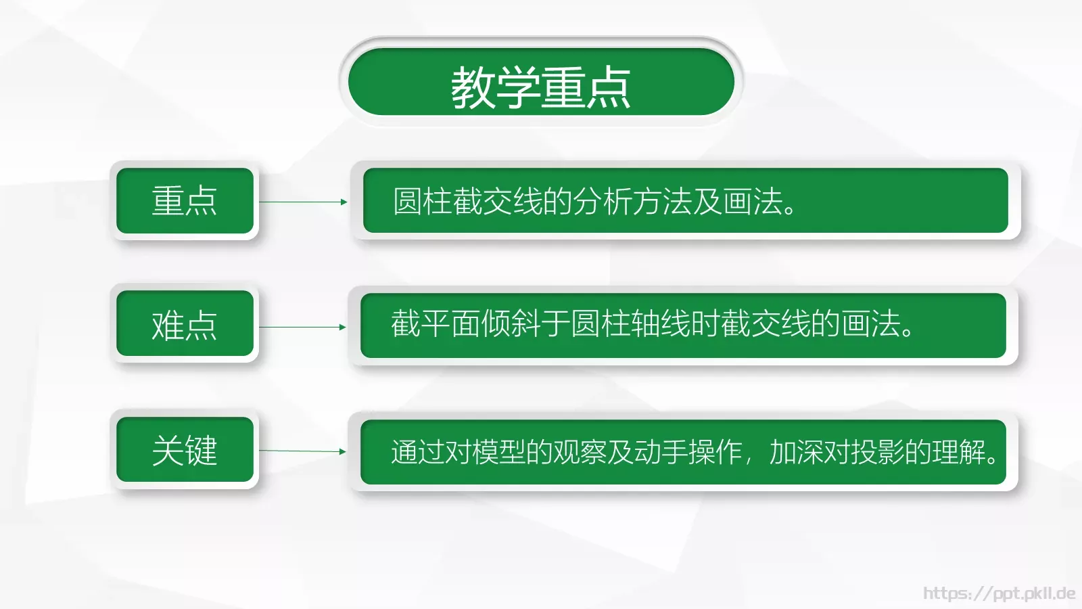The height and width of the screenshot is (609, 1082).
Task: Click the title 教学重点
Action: pos(540,87)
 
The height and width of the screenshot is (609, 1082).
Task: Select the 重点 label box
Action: pos(185,201)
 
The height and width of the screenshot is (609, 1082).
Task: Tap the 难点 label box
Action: pos(185,325)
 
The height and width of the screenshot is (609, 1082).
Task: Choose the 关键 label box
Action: pos(185,450)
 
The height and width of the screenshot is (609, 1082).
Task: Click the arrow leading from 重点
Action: pos(303,202)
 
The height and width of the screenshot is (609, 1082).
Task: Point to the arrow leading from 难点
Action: pos(302,327)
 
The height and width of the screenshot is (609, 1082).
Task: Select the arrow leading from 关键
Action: pos(302,451)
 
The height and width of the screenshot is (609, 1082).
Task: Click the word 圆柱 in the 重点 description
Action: pos(423,202)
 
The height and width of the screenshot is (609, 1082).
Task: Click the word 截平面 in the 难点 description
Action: pos(436,323)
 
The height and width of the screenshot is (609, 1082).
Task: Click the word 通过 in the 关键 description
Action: pos(417,452)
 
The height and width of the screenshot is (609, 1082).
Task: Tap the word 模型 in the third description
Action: pos(498,452)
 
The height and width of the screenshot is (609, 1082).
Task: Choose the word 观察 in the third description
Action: pos(580,452)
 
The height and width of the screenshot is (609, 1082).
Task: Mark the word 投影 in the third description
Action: pos(877,452)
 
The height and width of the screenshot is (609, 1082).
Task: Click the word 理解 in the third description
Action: pos(958,452)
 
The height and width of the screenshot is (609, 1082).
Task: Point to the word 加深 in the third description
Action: pos(796,452)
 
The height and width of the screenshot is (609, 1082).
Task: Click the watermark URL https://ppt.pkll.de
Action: pos(999,593)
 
